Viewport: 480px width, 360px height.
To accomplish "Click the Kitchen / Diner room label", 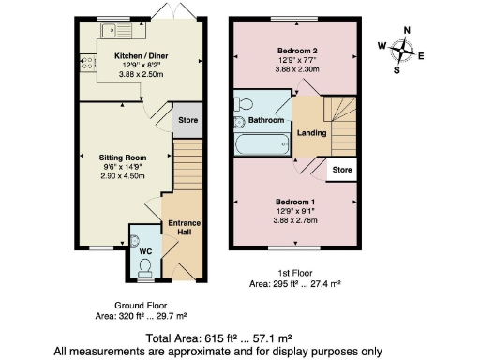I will point(140,55).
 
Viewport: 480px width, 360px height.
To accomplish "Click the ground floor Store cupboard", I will point(186,119).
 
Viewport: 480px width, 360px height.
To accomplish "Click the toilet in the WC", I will point(143,266).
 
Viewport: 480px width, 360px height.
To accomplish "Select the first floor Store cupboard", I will point(340,171).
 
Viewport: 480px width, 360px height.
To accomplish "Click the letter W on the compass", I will point(382,45).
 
